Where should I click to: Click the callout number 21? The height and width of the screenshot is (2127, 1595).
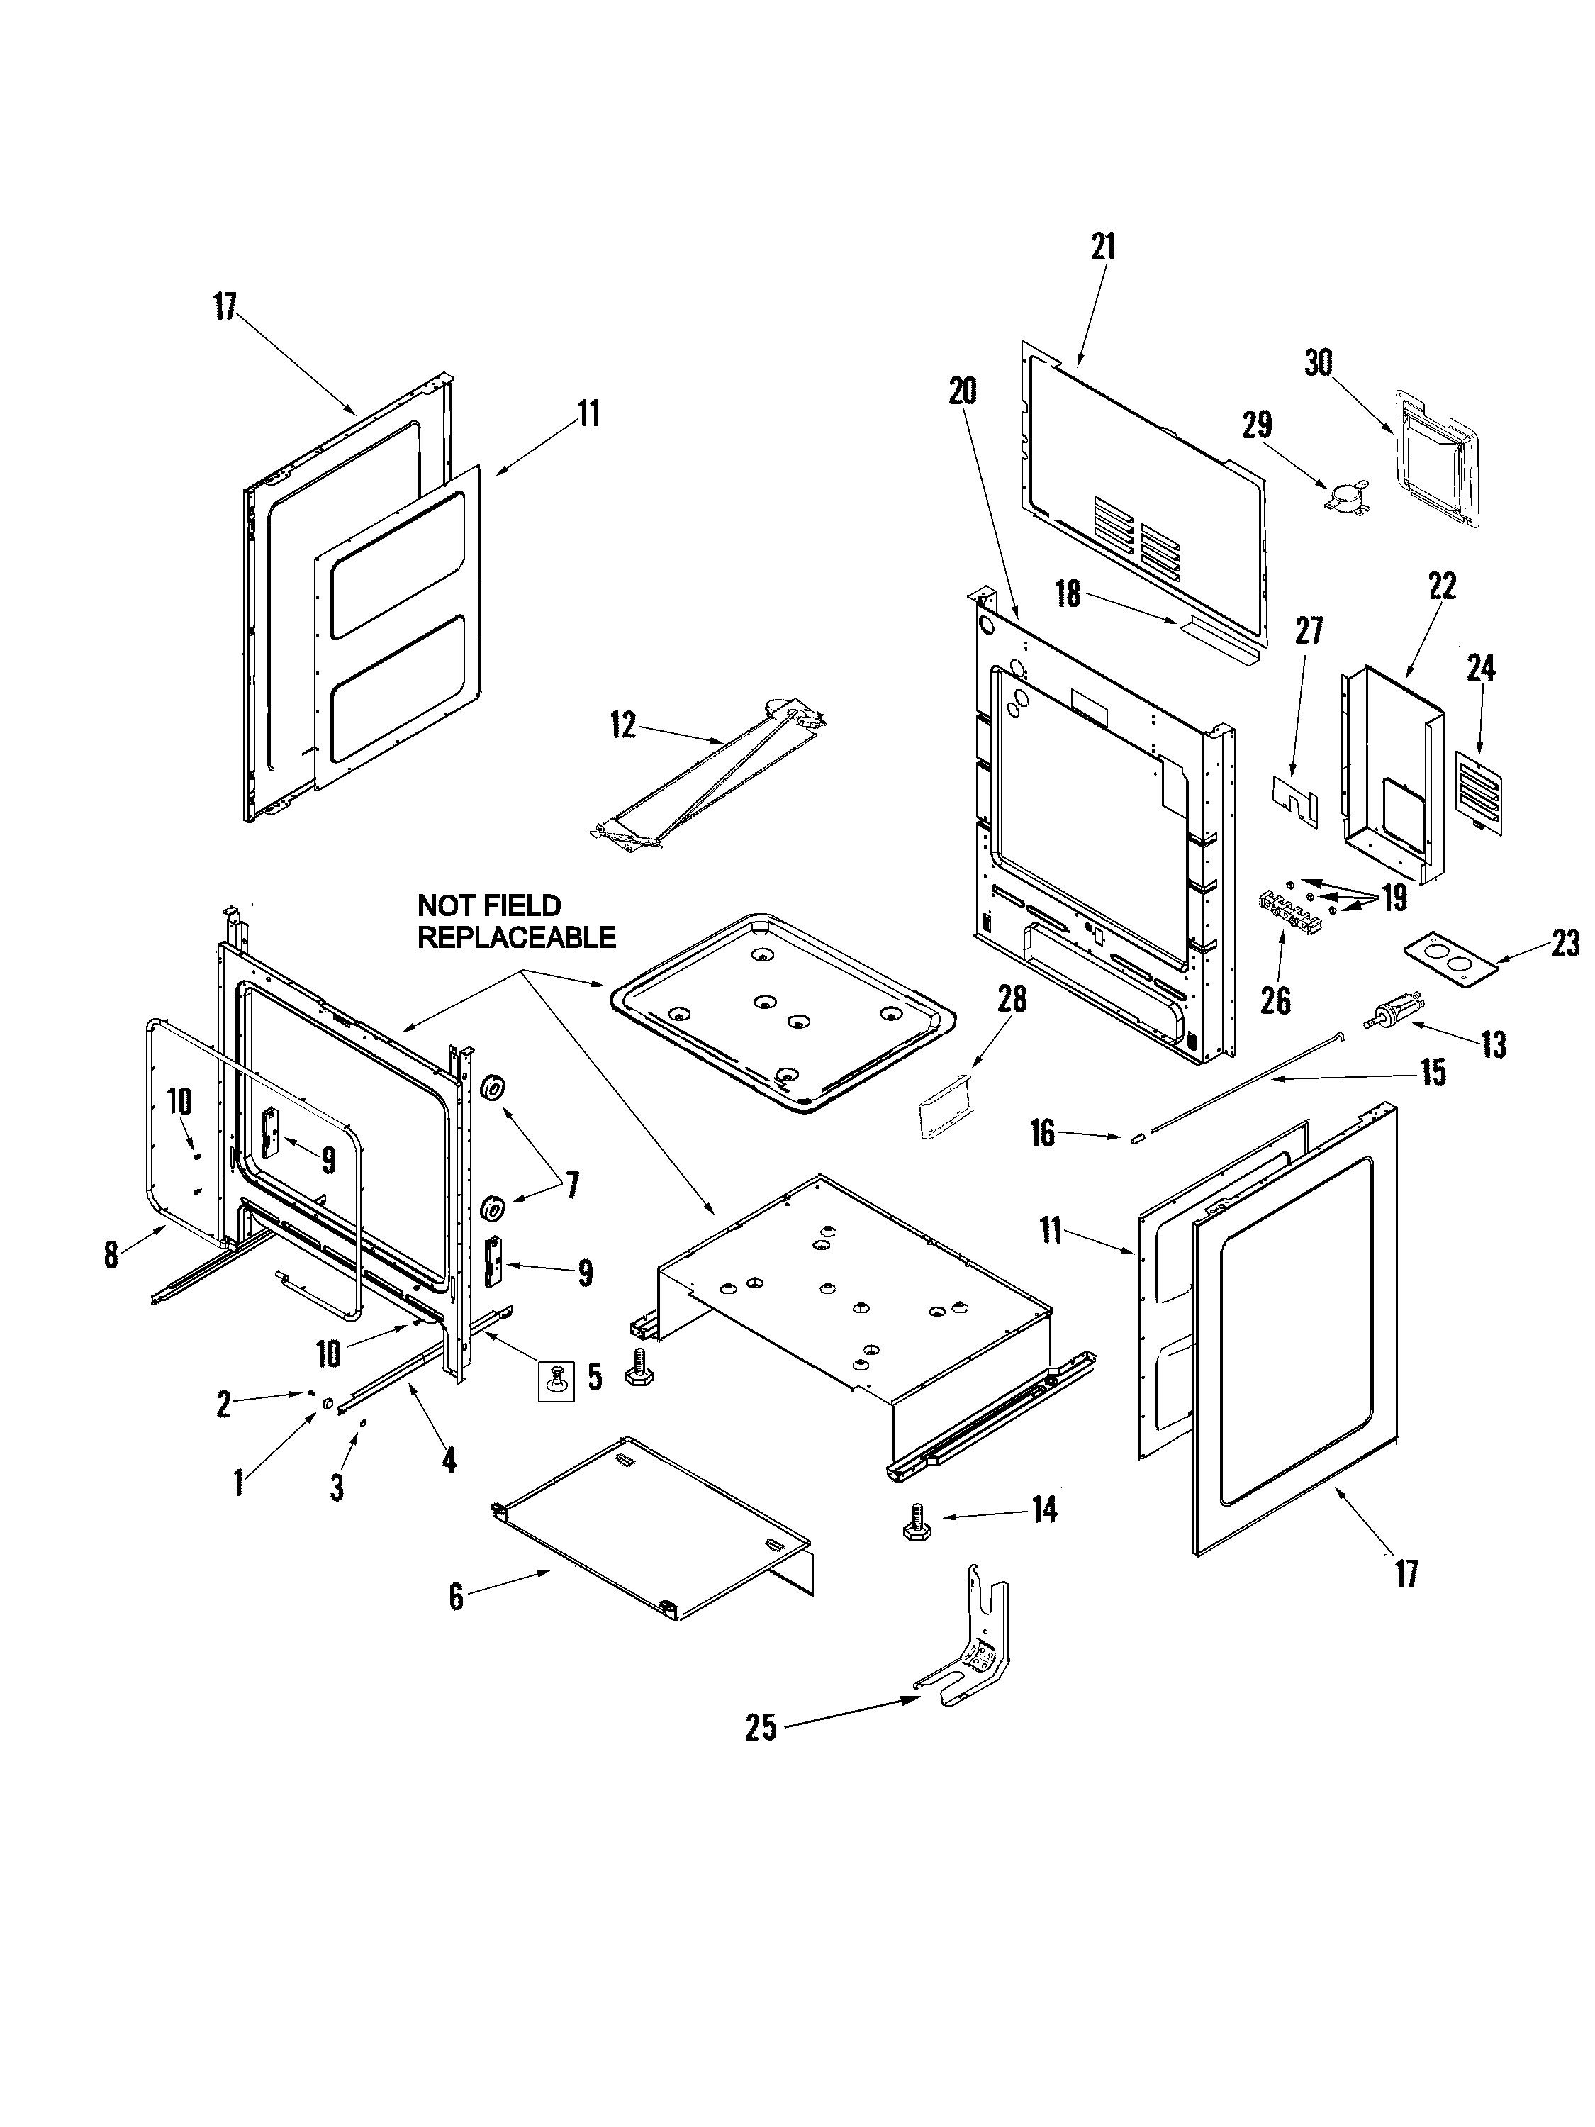coord(1103,247)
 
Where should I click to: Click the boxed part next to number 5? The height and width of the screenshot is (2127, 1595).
coord(555,1381)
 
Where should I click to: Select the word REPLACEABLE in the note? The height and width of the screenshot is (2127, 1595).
coord(516,937)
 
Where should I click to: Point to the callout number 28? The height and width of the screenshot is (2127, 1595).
coord(1012,999)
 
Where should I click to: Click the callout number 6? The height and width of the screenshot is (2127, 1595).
coord(456,1597)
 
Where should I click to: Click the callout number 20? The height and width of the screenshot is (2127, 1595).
coord(963,391)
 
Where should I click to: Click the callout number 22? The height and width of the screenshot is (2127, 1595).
coord(1442,586)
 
